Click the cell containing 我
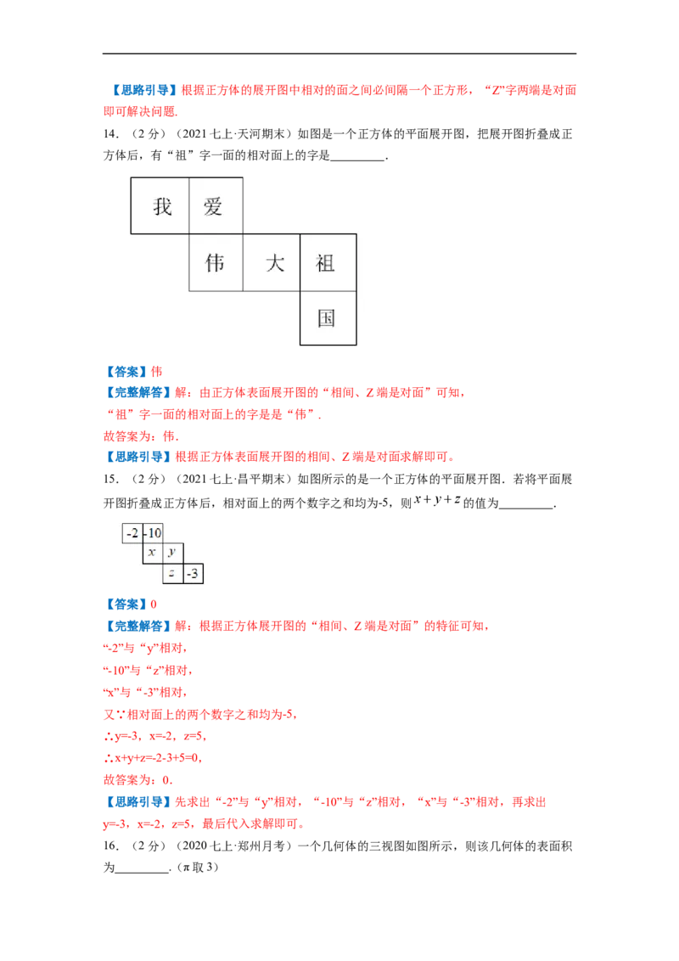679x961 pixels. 161,205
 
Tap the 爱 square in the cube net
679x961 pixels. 215,205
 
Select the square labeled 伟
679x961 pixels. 216,263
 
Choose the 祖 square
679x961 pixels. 327,263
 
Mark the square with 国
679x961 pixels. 327,318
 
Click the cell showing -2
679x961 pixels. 132,534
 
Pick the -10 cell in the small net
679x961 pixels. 153,534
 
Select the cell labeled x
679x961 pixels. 153,553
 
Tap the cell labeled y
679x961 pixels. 173,553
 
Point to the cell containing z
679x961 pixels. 173,574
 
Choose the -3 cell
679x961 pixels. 194,574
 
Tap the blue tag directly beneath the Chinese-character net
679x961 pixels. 125,372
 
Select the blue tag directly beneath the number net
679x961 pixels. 125,604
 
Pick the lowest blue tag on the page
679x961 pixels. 137,802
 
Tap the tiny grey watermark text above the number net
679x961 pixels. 438,499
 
